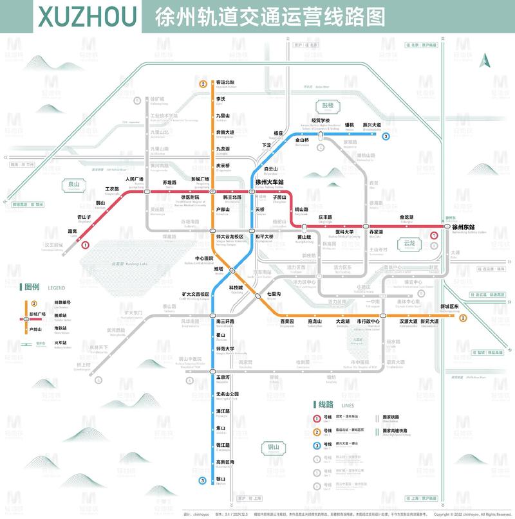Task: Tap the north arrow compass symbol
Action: coord(486,60)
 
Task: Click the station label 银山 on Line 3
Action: coord(221,478)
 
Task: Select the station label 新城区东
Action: coord(449,306)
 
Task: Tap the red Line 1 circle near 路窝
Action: coord(86,244)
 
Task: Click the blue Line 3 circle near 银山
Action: coord(203,480)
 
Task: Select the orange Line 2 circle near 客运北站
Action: coord(203,84)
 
